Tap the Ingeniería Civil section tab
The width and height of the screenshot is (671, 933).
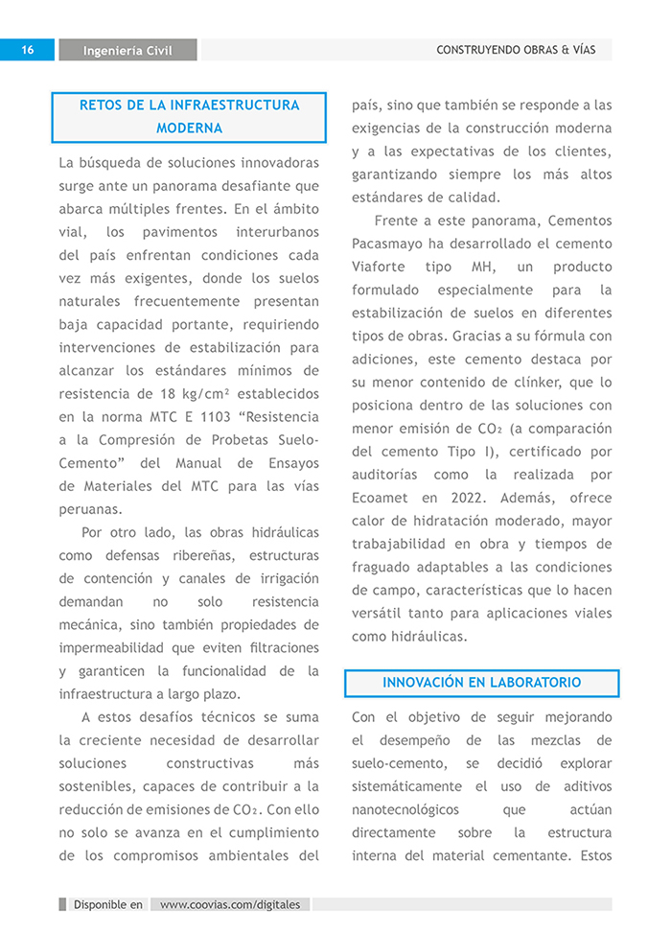point(127,51)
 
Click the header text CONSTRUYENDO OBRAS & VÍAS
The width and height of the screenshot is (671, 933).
point(516,50)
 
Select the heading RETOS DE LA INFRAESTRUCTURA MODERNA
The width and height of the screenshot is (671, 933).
point(189,116)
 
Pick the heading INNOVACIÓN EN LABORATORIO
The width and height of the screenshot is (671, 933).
point(481,683)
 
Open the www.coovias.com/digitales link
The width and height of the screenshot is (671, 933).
point(230,904)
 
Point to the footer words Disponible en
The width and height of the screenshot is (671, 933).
point(108,904)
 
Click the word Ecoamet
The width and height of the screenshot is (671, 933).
point(380,498)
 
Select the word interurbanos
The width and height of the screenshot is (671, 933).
point(276,232)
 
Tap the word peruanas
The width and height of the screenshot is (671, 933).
point(90,508)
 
